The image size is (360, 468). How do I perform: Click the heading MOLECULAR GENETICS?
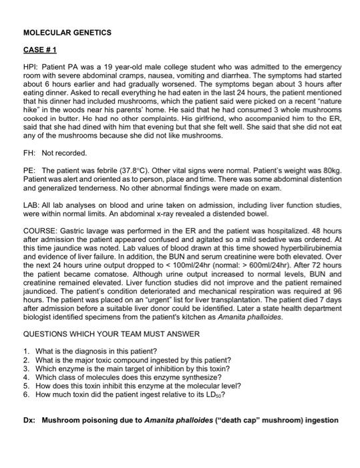(x=67, y=32)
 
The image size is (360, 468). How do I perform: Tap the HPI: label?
(x=31, y=68)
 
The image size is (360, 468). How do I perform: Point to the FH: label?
(x=30, y=153)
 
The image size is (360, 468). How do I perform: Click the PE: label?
(x=30, y=171)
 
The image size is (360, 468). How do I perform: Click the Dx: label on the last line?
(x=29, y=421)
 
